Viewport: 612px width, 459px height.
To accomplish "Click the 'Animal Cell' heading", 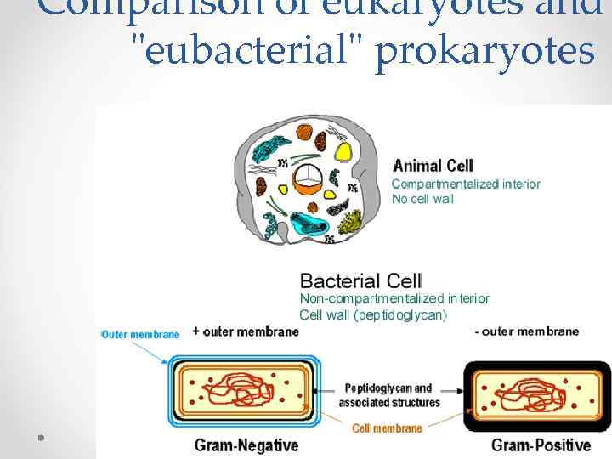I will (x=433, y=166).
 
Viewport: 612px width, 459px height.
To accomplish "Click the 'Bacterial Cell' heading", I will (x=360, y=280).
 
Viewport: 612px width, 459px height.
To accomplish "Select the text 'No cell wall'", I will (x=422, y=199).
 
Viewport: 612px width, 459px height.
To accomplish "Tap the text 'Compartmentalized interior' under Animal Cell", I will (x=465, y=184).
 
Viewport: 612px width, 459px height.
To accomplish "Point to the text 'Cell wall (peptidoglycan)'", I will (x=373, y=314).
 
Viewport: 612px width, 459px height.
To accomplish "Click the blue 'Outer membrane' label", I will (x=140, y=335).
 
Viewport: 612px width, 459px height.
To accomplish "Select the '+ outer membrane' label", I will (x=246, y=331).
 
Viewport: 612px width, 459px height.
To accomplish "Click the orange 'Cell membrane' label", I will (x=387, y=428).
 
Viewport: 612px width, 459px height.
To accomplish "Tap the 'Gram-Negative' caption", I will (x=246, y=445).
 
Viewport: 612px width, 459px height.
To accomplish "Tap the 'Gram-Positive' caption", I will (x=541, y=445).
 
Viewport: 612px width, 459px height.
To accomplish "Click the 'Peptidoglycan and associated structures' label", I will (x=388, y=395).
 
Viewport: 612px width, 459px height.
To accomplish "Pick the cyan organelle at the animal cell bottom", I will (x=310, y=224).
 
